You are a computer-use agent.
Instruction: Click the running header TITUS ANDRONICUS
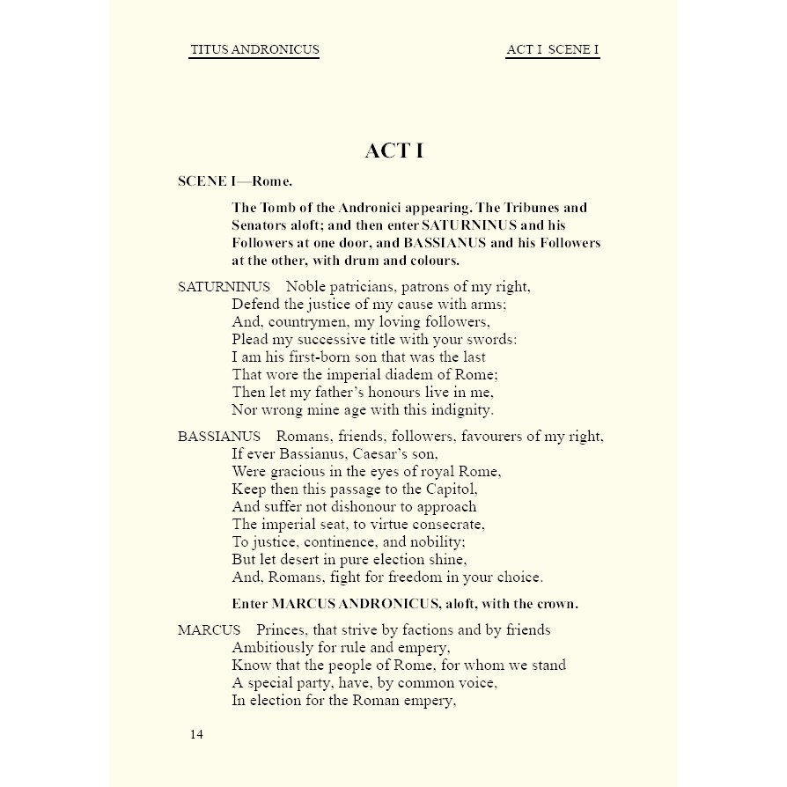254,49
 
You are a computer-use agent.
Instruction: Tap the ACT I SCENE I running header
553,49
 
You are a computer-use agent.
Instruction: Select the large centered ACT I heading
393,151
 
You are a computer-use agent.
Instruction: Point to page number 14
196,735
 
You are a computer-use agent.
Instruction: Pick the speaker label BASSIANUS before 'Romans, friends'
218,437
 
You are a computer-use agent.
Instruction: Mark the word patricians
369,287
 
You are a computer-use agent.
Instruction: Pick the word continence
333,542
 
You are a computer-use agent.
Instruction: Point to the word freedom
390,577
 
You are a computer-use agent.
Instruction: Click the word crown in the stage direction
552,604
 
